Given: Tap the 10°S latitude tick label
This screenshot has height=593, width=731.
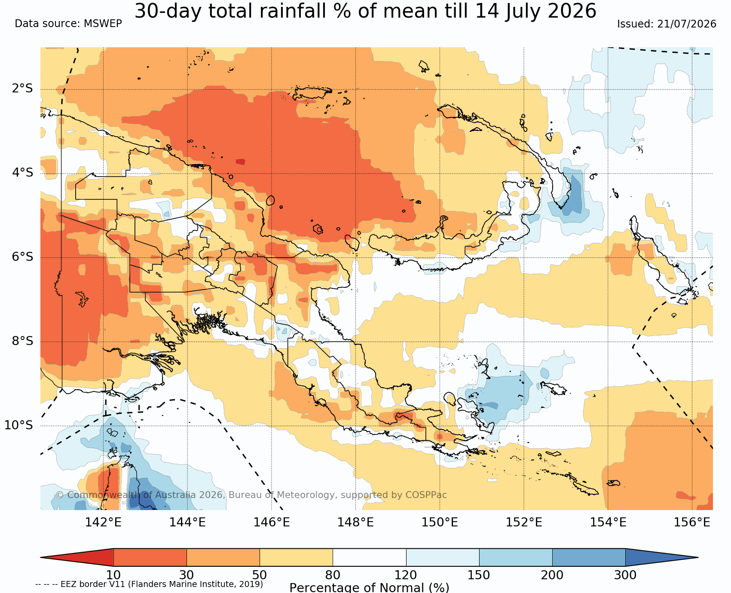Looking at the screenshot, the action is point(18,425).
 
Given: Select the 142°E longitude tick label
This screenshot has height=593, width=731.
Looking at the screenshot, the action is point(103,522).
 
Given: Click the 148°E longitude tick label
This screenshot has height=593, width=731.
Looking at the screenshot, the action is point(355,522).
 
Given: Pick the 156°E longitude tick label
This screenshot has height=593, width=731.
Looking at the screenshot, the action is point(692,522).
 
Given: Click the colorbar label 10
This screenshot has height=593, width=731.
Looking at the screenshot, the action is point(113,575).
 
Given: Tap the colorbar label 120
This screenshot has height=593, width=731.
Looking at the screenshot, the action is point(406,575).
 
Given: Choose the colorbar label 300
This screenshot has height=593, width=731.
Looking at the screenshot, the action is point(625,575).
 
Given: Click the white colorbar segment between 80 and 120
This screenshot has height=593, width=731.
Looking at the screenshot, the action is point(370,557).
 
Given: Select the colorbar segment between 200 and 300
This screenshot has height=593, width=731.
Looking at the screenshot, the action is point(589,557).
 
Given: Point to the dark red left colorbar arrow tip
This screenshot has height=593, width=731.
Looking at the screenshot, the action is point(41,557).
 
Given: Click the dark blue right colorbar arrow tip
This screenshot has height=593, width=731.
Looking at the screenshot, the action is point(698,557).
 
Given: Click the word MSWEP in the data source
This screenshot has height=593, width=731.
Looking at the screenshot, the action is point(103,23).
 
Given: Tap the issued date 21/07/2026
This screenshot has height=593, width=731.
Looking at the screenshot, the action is point(686,24).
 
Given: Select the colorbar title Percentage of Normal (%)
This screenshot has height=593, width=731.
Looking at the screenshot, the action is point(369,587).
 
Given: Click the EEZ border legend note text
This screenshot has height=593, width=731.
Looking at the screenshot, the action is point(149,584).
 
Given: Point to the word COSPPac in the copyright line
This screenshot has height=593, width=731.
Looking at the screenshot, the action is point(426,495).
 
